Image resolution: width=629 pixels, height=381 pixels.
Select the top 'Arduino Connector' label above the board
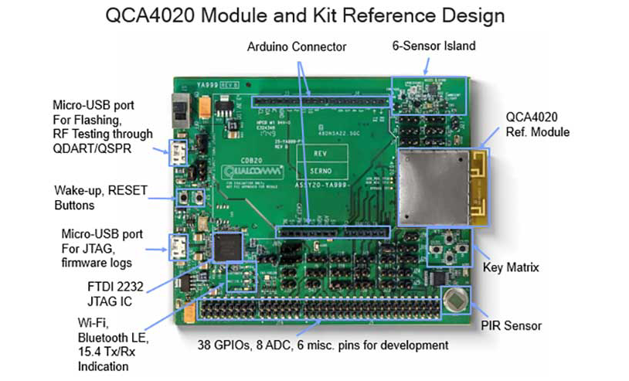pos(297,47)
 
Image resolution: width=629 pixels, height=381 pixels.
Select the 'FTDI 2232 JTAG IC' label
pos(107,291)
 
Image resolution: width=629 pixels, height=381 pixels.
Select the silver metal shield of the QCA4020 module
pos(435,185)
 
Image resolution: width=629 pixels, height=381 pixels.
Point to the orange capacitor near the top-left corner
pos(206,106)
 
